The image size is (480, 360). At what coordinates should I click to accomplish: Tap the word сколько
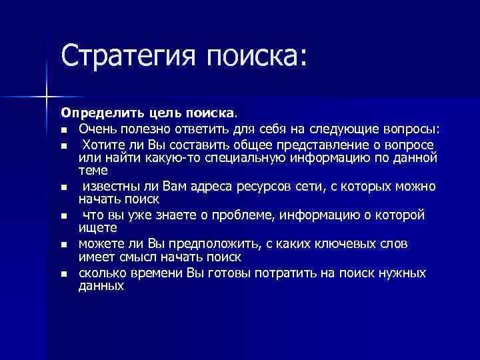point(101,273)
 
